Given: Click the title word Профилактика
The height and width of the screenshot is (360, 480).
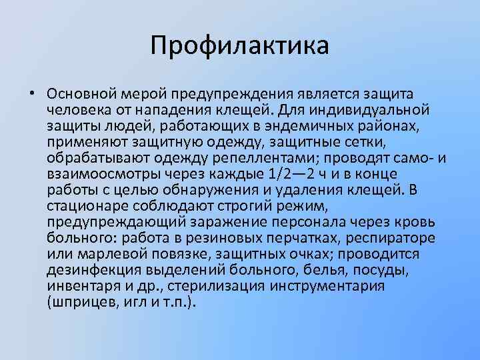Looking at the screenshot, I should point(239,46).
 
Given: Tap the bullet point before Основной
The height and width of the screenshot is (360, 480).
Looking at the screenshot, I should point(31,93).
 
